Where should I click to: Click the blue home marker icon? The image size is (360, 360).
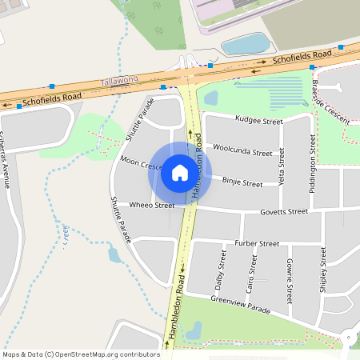(179, 173)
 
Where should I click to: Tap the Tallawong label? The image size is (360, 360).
(120, 82)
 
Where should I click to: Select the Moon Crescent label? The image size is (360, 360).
(141, 164)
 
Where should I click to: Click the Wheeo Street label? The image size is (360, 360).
(152, 206)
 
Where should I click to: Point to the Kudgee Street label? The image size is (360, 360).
(258, 121)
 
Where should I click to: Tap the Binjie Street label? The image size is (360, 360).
(242, 183)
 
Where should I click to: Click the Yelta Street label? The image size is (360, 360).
(281, 166)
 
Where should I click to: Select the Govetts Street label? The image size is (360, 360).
(284, 212)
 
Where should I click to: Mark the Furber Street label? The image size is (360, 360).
(257, 243)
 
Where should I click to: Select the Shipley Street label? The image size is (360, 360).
(322, 270)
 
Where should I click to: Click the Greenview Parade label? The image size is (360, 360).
(241, 305)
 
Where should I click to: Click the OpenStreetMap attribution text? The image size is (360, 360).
(81, 354)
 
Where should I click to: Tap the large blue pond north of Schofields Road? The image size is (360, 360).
(245, 43)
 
